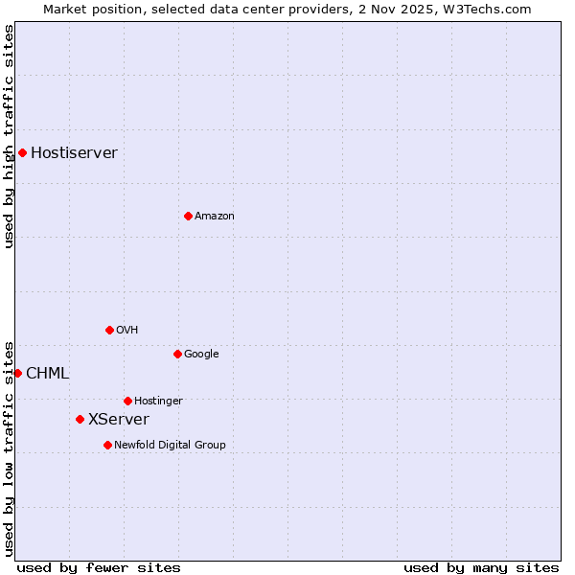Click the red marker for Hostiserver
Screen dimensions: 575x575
coord(22,152)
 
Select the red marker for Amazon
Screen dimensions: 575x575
coord(188,216)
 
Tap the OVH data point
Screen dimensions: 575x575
coord(109,330)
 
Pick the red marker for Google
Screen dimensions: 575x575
coord(177,354)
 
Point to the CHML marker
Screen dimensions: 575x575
coord(17,373)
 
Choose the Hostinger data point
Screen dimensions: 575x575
coord(127,401)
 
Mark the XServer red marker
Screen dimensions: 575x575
coord(80,419)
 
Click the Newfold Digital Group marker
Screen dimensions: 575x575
coord(107,445)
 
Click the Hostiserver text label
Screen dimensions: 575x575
coord(74,152)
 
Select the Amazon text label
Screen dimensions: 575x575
coord(215,216)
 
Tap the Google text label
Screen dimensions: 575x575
coord(201,354)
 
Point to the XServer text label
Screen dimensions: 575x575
coord(119,419)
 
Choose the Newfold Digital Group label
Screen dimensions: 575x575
coord(170,445)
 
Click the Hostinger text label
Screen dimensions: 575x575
coord(158,401)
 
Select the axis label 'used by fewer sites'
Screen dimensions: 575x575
coord(99,567)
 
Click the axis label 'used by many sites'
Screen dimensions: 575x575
coord(481,567)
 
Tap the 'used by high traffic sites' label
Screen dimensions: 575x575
coord(9,136)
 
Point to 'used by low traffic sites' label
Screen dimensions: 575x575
coord(9,448)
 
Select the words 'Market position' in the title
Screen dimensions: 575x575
coord(85,9)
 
